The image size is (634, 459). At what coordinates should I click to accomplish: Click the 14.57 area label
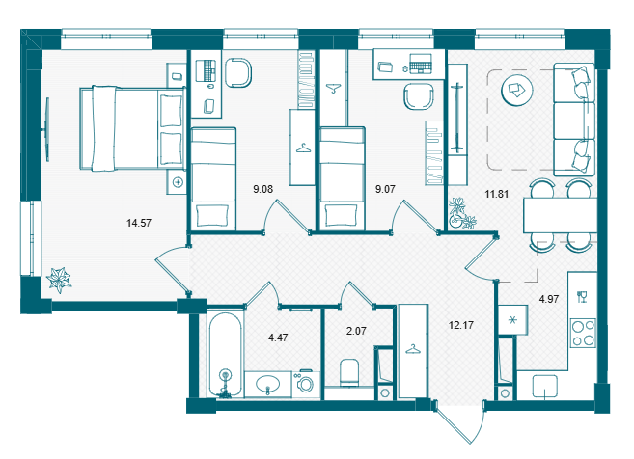click(139, 223)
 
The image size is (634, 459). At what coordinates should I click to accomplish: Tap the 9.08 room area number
click(262, 189)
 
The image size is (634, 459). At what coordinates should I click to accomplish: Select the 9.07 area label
click(385, 189)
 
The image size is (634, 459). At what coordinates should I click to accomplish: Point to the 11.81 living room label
click(497, 194)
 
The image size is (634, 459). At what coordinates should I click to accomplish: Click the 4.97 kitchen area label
click(549, 299)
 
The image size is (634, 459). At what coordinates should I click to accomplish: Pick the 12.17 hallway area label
click(461, 325)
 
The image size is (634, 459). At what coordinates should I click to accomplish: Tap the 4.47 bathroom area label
click(278, 337)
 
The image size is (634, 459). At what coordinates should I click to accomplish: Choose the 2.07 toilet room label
click(356, 331)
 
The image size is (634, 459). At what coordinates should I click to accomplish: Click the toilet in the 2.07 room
click(349, 372)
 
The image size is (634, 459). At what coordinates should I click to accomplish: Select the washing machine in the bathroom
click(305, 383)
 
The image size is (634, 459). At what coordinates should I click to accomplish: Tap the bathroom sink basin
click(267, 384)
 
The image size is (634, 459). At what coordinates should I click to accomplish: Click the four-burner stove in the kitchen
click(583, 333)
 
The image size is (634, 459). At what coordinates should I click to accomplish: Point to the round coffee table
click(516, 90)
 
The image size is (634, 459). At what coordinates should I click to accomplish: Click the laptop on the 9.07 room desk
click(421, 64)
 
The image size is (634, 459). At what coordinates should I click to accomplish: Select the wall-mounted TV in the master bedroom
click(47, 130)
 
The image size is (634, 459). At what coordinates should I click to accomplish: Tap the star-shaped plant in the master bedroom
click(59, 280)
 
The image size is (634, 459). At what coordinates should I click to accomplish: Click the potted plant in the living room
click(461, 213)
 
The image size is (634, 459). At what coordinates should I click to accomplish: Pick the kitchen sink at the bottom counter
click(544, 387)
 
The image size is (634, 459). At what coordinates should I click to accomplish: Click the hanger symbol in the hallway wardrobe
click(413, 349)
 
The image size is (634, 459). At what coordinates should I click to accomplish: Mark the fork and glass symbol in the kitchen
click(582, 297)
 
